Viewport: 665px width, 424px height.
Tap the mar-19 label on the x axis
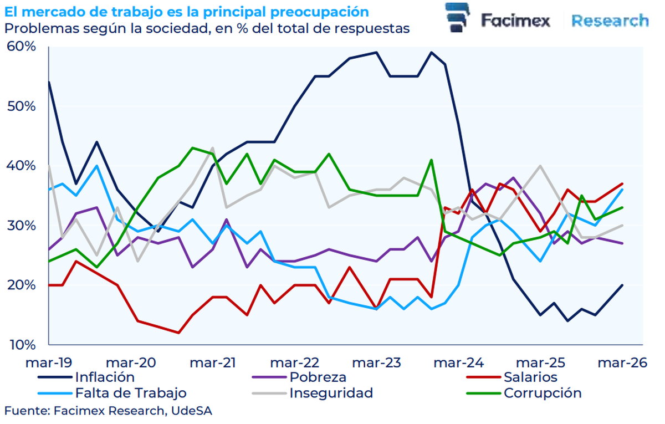[48, 362]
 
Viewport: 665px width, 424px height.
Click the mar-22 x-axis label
[294, 362]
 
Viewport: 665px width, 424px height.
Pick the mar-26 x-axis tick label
[621, 362]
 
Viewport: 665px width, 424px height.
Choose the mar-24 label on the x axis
[458, 362]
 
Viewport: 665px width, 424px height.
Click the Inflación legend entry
[105, 377]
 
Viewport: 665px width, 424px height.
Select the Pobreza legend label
[318, 377]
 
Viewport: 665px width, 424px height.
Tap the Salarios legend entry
[530, 377]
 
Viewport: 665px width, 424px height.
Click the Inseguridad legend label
[331, 394]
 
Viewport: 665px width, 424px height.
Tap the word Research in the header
[610, 21]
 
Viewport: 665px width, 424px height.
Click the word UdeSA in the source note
[190, 411]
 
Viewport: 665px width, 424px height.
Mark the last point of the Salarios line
[622, 183]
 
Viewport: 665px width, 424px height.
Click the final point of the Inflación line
[622, 285]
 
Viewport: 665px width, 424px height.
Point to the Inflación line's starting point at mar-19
[49, 82]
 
